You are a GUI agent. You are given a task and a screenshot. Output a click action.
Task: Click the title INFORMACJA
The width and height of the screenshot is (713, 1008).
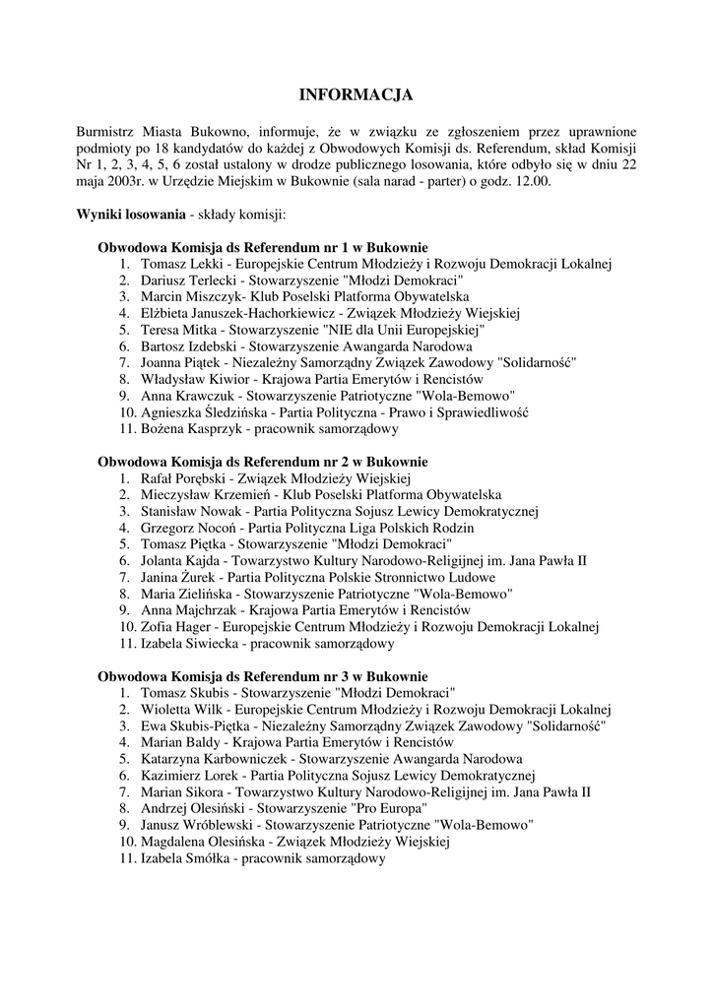click(356, 95)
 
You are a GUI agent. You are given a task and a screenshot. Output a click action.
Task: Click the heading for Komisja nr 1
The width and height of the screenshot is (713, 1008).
click(262, 247)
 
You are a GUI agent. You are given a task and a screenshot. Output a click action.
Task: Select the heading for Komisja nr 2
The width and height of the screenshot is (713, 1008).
click(262, 462)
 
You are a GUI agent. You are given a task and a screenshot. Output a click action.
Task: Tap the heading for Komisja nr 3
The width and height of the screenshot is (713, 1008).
click(262, 676)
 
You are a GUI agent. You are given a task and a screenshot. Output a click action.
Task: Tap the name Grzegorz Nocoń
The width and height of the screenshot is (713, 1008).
click(184, 528)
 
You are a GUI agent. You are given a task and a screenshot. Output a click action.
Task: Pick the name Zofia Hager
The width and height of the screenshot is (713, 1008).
click(174, 627)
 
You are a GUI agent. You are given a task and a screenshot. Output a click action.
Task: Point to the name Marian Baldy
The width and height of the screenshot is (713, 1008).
click(177, 742)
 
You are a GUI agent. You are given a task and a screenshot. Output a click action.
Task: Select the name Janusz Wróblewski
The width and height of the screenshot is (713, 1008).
click(192, 825)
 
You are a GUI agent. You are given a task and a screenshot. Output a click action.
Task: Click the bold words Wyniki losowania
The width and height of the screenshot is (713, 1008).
click(131, 214)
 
